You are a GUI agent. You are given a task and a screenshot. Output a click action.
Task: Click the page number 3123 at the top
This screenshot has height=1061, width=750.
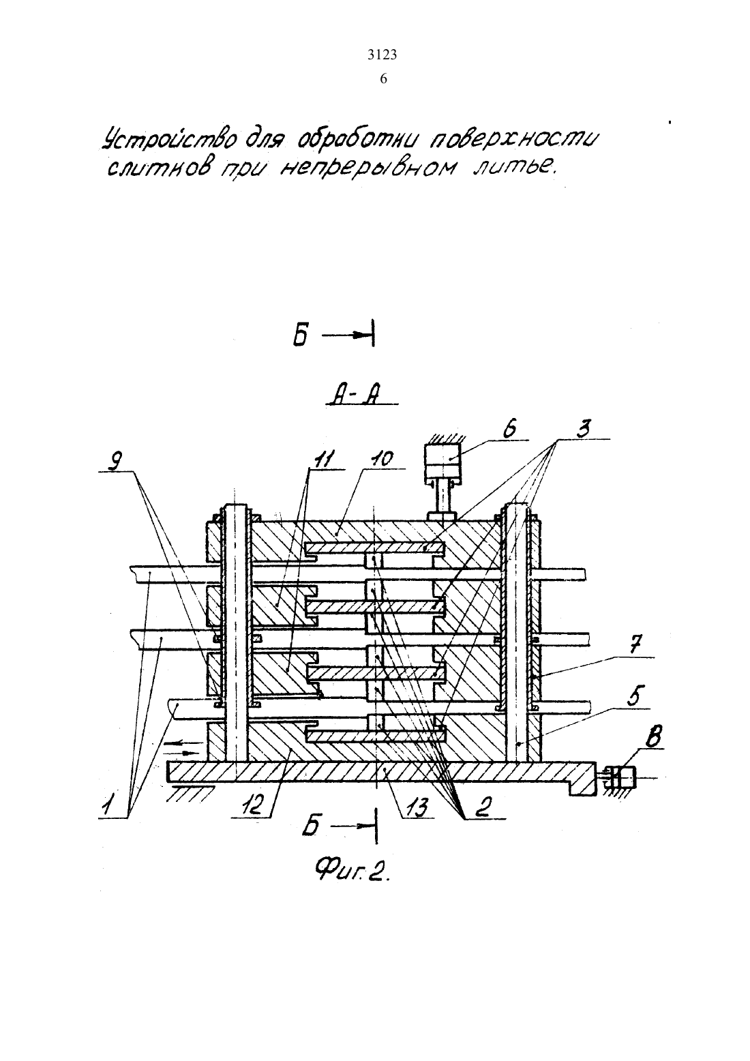click(382, 55)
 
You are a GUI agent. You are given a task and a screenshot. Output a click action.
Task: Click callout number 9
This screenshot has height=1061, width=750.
click(115, 461)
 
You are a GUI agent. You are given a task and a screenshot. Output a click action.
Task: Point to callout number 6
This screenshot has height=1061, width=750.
click(509, 430)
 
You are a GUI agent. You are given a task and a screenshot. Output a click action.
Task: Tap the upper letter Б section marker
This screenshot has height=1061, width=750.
click(301, 335)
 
